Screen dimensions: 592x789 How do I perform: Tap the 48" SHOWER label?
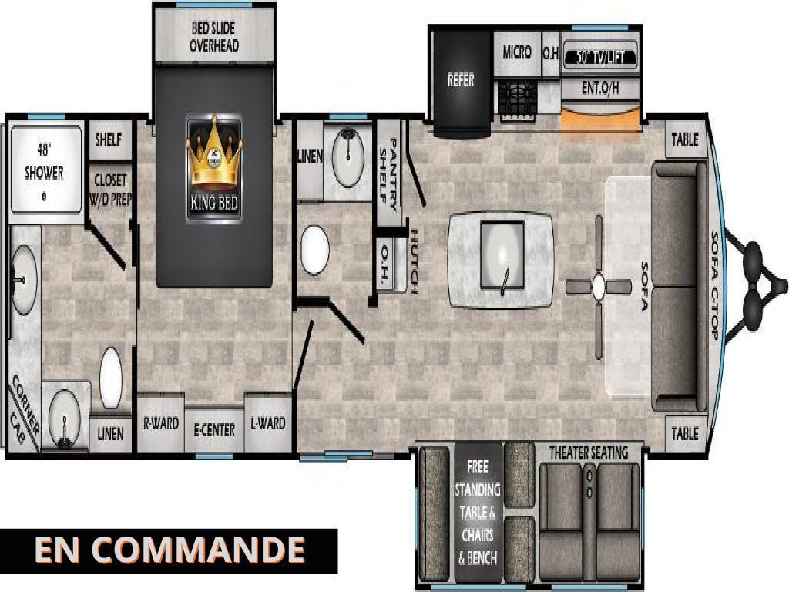(44, 161)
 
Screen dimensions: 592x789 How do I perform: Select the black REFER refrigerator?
(461, 80)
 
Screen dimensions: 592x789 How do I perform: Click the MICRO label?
(517, 53)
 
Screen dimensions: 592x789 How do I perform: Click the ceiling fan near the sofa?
(598, 287)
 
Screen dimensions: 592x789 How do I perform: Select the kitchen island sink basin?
(501, 254)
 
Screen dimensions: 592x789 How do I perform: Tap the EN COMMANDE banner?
(170, 550)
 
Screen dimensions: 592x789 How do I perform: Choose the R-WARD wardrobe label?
(161, 423)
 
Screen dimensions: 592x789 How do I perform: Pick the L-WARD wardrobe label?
(268, 423)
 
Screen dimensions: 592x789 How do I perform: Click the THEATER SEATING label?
(588, 452)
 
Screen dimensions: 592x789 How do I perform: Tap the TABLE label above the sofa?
(684, 140)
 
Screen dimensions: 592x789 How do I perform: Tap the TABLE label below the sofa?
(684, 434)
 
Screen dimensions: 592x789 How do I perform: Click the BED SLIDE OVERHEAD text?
(214, 38)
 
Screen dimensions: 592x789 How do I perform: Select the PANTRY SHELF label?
(390, 174)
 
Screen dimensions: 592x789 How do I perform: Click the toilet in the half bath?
(314, 250)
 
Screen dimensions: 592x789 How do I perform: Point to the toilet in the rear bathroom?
(112, 378)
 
